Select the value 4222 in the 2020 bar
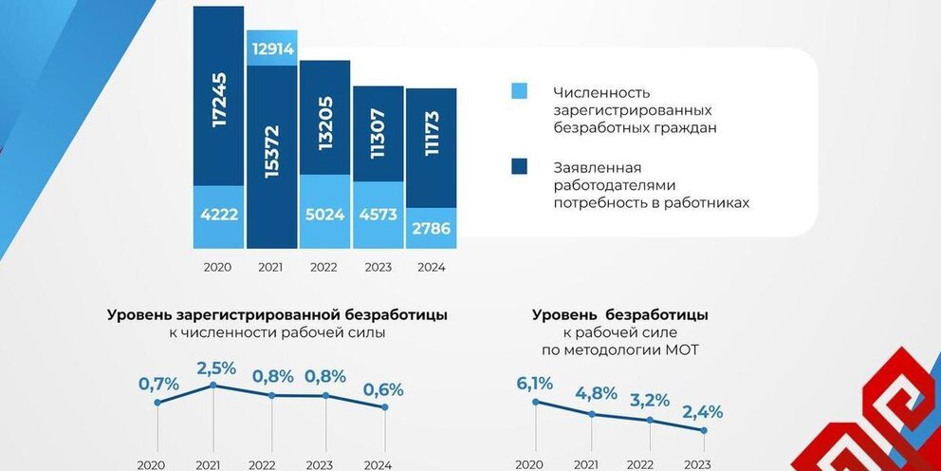[x=219, y=215]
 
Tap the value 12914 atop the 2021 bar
[x=271, y=47]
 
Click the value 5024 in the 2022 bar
[x=323, y=215]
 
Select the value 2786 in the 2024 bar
[x=431, y=229]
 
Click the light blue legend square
[x=519, y=91]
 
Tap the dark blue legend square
[x=519, y=167]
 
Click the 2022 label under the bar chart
[x=323, y=267]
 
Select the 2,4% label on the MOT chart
[x=703, y=411]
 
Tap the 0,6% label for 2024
[x=383, y=388]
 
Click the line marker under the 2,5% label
[x=213, y=385]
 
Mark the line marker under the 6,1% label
[x=536, y=402]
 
